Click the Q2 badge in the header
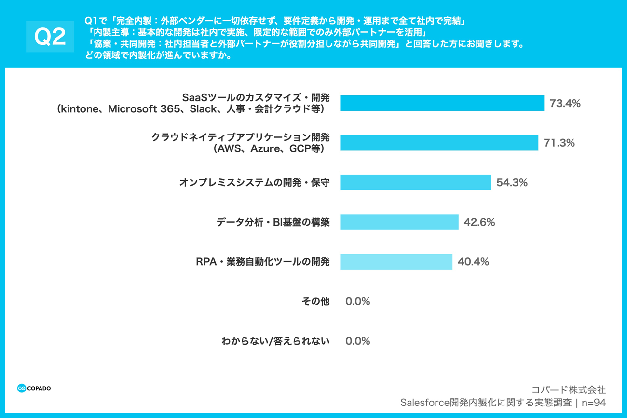pos(50,37)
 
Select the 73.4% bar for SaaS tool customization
pos(442,103)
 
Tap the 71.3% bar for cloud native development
pos(439,143)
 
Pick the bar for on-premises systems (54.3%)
pos(415,182)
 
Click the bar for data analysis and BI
pos(399,222)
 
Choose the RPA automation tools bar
pos(396,262)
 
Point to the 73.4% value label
pos(565,103)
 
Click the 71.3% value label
pos(559,143)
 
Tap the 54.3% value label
pos(512,183)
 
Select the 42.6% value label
pos(479,222)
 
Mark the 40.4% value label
pos(473,262)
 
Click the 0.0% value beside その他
pos(357,301)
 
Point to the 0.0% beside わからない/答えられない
pos(357,341)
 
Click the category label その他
pos(315,301)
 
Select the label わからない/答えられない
pos(275,341)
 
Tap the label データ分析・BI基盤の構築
pos(273,222)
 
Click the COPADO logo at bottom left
pos(34,388)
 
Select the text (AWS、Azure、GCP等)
pos(269,149)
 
